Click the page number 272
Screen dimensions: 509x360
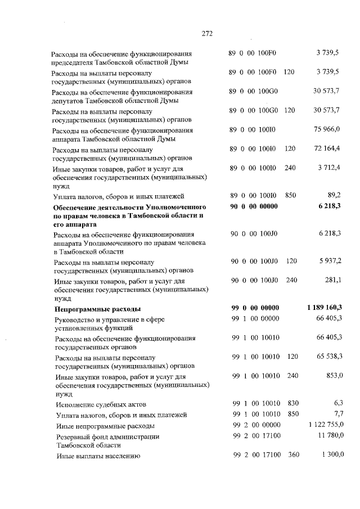click(206, 33)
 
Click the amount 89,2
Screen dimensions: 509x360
click(335, 195)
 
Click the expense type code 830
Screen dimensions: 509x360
click(292, 403)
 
